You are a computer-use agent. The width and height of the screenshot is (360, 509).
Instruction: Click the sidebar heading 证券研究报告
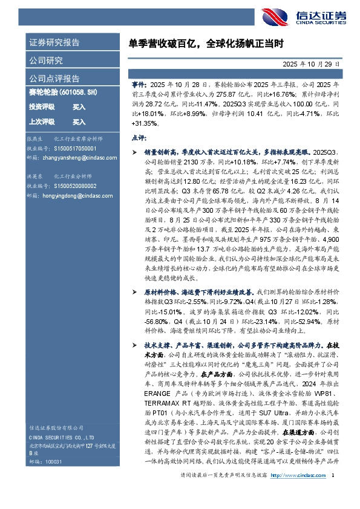click(54, 43)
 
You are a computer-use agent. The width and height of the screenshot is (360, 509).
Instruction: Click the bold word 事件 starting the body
click(138, 88)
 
